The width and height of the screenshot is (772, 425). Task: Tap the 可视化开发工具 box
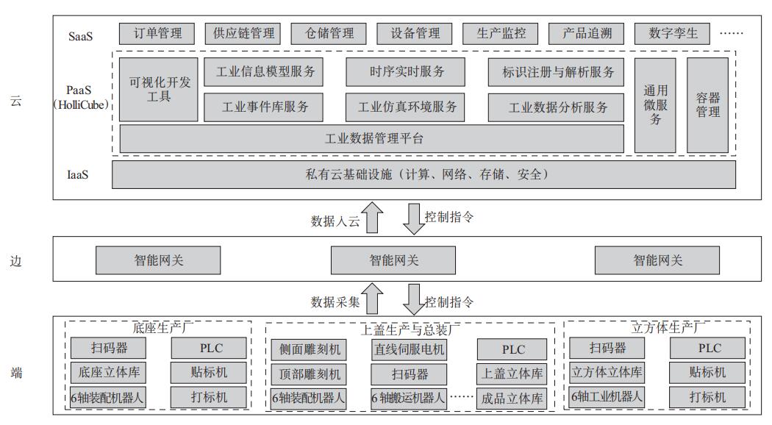pos(159,89)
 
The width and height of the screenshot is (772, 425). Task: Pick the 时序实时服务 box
pos(407,71)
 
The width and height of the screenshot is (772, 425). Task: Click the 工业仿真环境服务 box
pos(407,107)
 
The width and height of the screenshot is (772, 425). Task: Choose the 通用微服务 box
pos(654,105)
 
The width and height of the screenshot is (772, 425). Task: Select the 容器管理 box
pos(707,105)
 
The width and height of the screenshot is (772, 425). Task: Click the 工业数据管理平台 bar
pos(371,138)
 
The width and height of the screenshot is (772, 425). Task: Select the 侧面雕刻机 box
pos(306,349)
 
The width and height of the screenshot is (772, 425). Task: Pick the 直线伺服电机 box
pos(409,349)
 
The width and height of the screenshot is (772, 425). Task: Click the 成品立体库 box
pos(512,399)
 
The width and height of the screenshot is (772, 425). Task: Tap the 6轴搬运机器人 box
pos(409,399)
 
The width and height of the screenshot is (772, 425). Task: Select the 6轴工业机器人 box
pos(607,396)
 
